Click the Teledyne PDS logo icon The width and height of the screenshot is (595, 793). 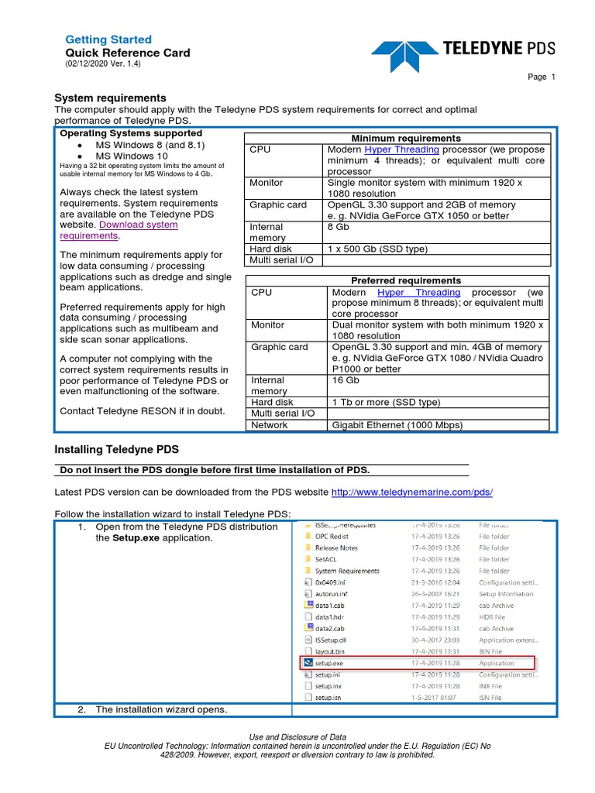[x=403, y=53]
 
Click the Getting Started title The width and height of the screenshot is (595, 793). [x=108, y=39]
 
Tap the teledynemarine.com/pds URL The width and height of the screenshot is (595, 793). [x=411, y=493]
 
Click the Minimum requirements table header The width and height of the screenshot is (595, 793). [x=395, y=139]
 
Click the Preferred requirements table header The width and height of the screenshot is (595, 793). [x=395, y=280]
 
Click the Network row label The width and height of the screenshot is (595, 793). [x=269, y=425]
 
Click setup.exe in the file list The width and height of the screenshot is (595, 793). [x=328, y=663]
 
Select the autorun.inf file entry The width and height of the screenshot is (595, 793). [x=332, y=594]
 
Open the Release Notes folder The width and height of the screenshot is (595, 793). [x=336, y=548]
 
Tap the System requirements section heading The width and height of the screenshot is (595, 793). [x=110, y=98]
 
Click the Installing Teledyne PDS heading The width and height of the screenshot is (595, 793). [x=116, y=449]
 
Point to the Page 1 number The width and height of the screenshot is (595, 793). [x=542, y=77]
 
